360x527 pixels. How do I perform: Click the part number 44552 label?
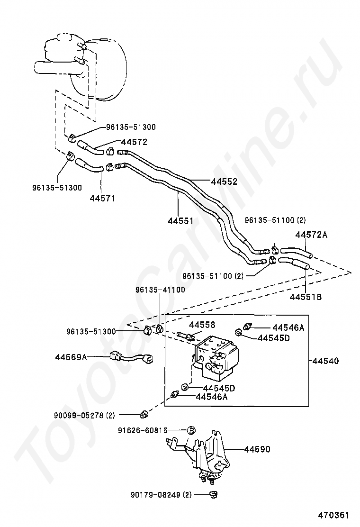(x=224, y=182)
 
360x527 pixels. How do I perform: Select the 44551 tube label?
(x=180, y=221)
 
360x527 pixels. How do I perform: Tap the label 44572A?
(x=311, y=235)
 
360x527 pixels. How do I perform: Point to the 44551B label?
(x=306, y=297)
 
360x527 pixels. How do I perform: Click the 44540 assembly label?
(x=325, y=361)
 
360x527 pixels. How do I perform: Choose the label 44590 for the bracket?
(x=257, y=449)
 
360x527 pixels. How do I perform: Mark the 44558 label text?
(x=202, y=325)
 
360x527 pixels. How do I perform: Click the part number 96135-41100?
(x=160, y=290)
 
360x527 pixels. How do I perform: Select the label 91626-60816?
(x=143, y=430)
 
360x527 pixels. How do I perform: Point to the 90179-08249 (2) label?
(x=161, y=495)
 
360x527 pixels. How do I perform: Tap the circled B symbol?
(x=191, y=430)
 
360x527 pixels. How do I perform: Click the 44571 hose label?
(x=102, y=198)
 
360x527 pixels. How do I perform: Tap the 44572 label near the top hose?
(x=134, y=142)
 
